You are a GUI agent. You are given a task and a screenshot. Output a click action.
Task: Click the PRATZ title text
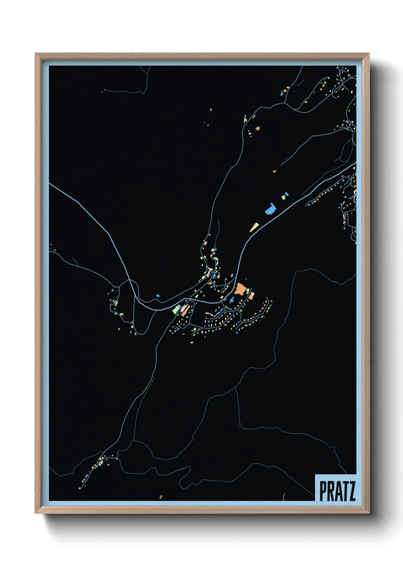[x=337, y=491]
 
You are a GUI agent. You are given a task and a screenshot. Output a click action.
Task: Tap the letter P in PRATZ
[x=323, y=491]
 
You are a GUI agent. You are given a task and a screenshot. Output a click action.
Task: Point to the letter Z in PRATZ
[x=351, y=491]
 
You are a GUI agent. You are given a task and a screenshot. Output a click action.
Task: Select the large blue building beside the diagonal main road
[x=270, y=208]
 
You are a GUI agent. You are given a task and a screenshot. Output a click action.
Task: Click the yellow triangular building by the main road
[x=254, y=227]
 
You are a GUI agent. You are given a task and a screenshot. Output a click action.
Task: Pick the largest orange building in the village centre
[x=240, y=289]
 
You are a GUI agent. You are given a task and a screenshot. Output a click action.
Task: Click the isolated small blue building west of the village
[x=158, y=295]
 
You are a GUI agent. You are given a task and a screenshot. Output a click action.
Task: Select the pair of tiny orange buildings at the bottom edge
[x=161, y=497]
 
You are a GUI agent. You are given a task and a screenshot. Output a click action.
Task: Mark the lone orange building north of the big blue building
[x=274, y=172]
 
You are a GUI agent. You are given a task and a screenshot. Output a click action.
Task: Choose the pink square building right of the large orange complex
[x=252, y=294]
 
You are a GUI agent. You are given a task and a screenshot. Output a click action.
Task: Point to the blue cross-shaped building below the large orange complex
[x=231, y=300]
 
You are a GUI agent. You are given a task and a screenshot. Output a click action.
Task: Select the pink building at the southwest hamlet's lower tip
[x=80, y=487]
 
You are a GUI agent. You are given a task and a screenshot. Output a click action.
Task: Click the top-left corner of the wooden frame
[x=36, y=54]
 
